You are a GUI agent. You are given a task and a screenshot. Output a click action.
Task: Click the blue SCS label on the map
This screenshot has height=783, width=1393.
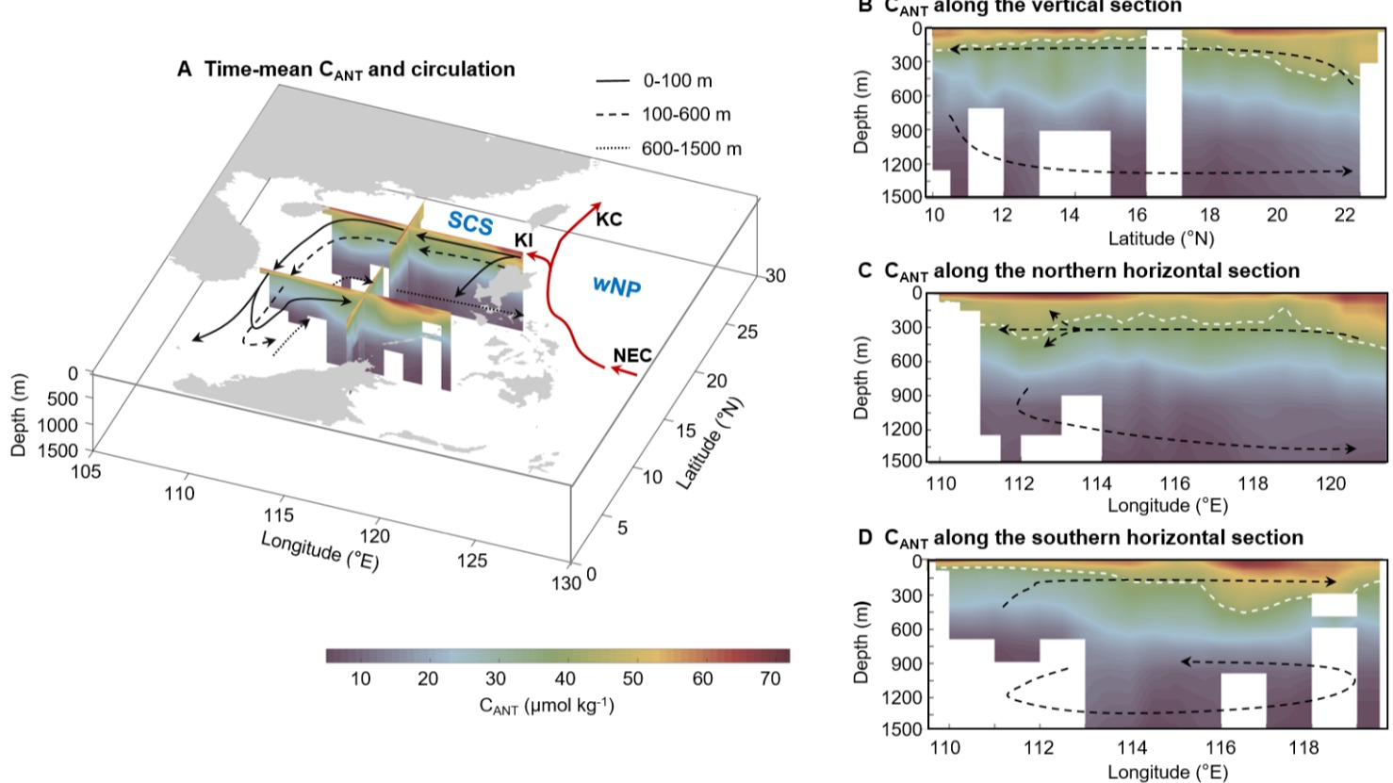[470, 223]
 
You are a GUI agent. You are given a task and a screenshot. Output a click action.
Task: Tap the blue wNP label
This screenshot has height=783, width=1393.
[616, 285]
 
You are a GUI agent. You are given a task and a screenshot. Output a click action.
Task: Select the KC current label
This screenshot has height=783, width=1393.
[609, 219]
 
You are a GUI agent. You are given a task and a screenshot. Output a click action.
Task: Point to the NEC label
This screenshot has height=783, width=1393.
[631, 355]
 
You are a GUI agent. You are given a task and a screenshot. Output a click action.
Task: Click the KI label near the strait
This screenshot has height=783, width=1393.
[523, 240]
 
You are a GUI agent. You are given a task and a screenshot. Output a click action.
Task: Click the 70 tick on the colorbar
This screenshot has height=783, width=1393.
[770, 678]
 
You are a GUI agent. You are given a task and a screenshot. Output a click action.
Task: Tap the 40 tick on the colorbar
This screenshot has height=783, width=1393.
[565, 678]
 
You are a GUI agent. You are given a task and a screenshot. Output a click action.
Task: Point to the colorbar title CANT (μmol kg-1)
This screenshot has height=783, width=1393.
[547, 705]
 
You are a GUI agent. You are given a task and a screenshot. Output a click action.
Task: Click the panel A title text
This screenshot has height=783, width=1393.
[346, 69]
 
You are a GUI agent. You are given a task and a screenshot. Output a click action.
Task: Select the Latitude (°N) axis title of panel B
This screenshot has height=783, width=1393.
[1160, 238]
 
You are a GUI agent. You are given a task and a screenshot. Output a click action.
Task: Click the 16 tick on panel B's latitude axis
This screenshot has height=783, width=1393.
[1137, 215]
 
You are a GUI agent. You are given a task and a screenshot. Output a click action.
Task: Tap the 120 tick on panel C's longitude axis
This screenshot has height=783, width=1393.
[1330, 483]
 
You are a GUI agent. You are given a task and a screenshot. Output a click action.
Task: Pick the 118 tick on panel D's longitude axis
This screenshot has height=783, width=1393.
[1304, 747]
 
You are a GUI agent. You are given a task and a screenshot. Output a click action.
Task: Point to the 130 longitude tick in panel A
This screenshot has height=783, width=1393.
[565, 583]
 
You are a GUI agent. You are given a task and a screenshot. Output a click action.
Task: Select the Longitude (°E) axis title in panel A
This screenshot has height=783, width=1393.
[320, 552]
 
